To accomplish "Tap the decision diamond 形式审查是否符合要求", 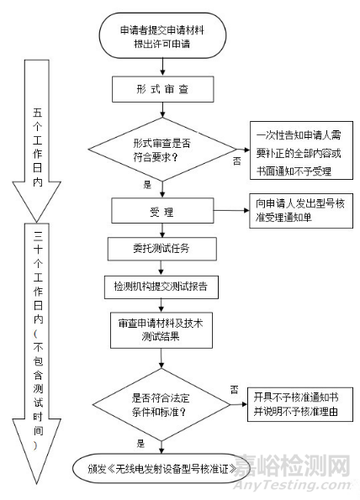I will pos(161,149).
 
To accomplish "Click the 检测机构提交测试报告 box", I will pos(161,286).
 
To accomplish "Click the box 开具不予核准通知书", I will pos(296,405).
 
